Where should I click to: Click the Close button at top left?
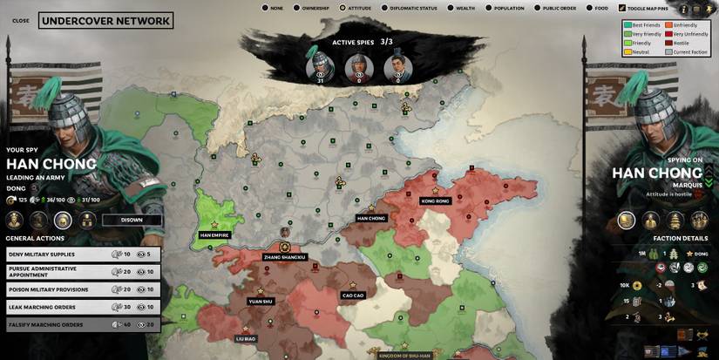(21, 20)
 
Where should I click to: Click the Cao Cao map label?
(353, 295)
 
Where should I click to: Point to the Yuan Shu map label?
(261, 302)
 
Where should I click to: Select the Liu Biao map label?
(246, 338)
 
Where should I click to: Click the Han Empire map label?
(214, 234)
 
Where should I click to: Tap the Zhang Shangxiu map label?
(285, 257)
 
